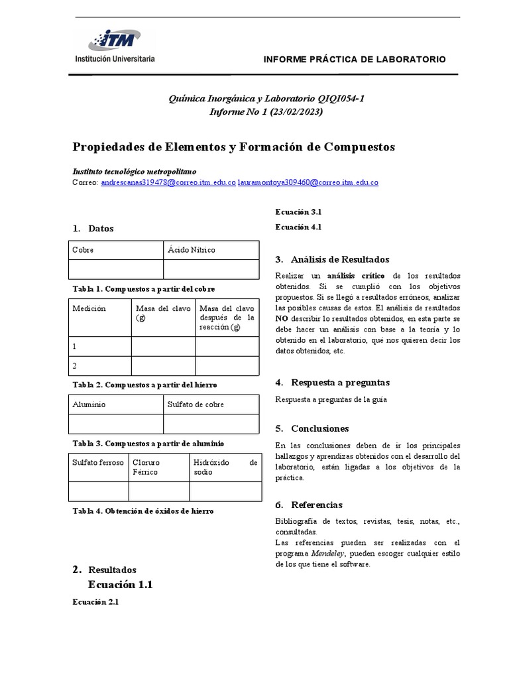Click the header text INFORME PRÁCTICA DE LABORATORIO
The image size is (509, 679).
tap(355, 59)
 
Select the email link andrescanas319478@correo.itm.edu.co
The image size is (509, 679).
tap(168, 182)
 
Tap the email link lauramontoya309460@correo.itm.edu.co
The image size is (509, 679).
tap(308, 182)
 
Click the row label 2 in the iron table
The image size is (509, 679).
tap(76, 365)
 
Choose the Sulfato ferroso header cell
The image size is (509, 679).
tap(98, 462)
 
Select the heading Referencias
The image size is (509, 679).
tap(317, 505)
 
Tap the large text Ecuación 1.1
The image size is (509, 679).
tap(120, 585)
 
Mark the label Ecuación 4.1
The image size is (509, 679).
tap(298, 227)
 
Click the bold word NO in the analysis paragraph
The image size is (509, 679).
tap(282, 318)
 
